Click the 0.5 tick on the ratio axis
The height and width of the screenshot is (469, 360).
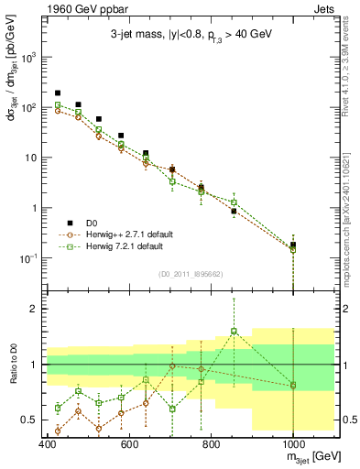point(30,420)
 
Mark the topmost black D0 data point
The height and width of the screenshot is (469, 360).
point(58,93)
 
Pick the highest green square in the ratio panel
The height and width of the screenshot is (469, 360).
point(234,332)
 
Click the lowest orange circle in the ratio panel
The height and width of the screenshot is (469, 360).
point(58,431)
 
